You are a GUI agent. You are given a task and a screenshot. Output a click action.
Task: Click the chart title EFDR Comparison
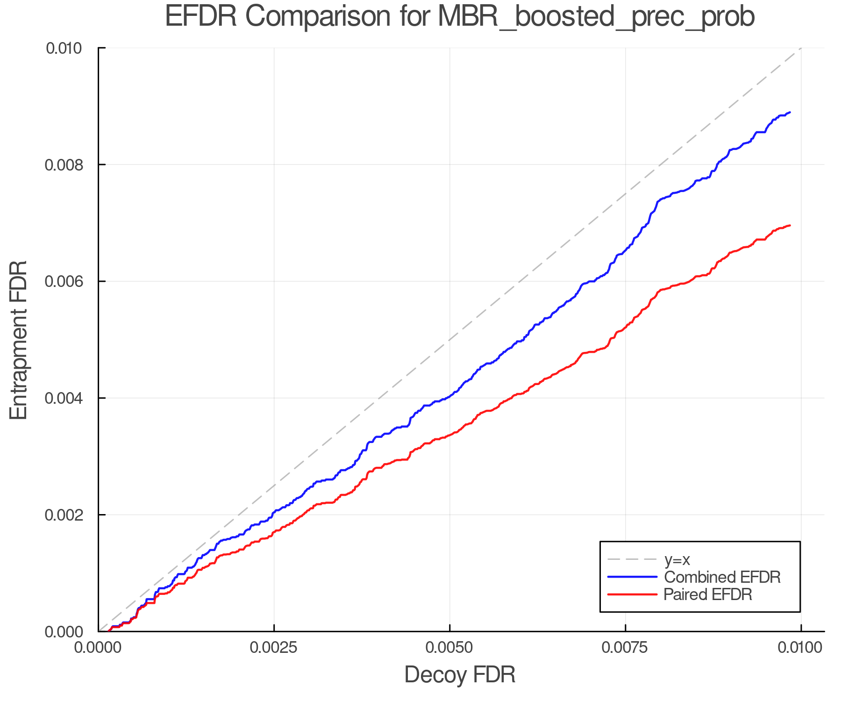tap(460, 17)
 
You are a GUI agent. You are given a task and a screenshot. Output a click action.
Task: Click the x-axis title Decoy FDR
tap(460, 675)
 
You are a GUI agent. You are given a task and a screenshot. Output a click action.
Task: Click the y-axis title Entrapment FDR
tap(19, 340)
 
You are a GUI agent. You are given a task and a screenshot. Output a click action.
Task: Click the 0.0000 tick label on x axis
tap(98, 648)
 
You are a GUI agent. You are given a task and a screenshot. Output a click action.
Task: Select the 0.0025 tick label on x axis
tap(274, 648)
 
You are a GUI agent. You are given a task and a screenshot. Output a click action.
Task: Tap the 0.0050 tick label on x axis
tap(449, 648)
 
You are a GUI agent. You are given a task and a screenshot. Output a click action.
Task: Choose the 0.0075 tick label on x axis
tap(625, 648)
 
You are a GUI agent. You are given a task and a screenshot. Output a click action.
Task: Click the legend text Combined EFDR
tap(722, 577)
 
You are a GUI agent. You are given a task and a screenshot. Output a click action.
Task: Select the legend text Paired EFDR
tap(707, 594)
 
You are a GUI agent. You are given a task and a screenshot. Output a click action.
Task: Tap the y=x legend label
tap(677, 559)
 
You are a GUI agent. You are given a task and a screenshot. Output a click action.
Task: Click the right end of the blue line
tap(790, 113)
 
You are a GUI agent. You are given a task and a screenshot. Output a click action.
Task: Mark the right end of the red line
tap(790, 226)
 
